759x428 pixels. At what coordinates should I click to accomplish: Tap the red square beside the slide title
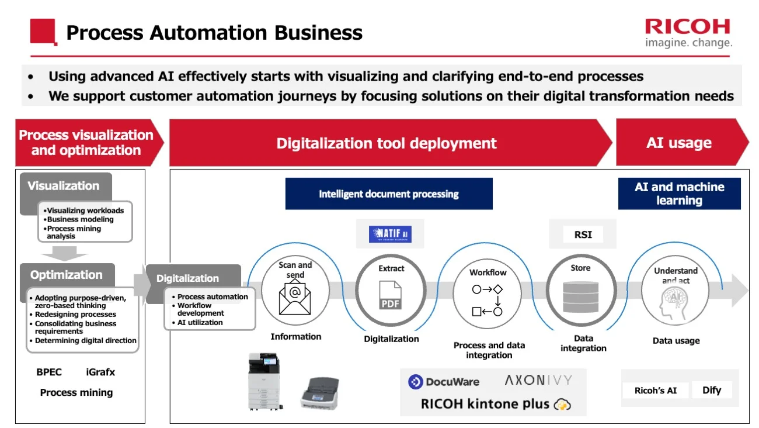pyautogui.click(x=43, y=32)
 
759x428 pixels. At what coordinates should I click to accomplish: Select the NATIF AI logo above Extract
pyautogui.click(x=390, y=234)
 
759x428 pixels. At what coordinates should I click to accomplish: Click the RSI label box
pyautogui.click(x=583, y=234)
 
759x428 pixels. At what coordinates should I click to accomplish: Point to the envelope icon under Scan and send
pyautogui.click(x=295, y=298)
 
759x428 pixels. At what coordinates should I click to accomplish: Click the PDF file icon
pyautogui.click(x=391, y=296)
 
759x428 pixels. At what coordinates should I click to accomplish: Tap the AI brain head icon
pyautogui.click(x=675, y=305)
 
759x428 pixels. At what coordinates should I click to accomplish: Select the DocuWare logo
pyautogui.click(x=444, y=382)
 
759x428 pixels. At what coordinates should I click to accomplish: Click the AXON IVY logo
pyautogui.click(x=538, y=381)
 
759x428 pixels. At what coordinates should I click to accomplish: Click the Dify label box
pyautogui.click(x=711, y=390)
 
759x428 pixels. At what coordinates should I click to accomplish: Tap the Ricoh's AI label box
pyautogui.click(x=655, y=391)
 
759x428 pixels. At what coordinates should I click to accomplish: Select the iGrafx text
pyautogui.click(x=100, y=372)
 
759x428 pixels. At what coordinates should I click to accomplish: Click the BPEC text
pyautogui.click(x=49, y=372)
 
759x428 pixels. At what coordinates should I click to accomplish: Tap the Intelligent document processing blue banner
pyautogui.click(x=389, y=194)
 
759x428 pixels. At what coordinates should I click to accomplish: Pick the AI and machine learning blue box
pyautogui.click(x=679, y=194)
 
